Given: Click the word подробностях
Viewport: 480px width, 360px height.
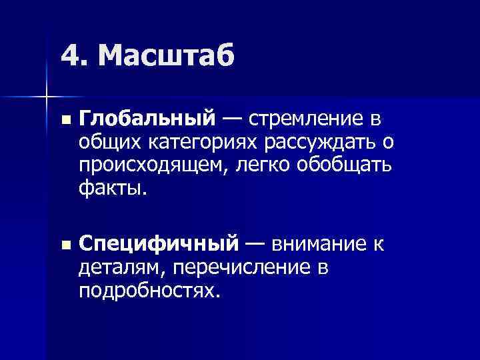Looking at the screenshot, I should coord(148,292).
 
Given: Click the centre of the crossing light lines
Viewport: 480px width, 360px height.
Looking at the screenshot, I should coord(47,95).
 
